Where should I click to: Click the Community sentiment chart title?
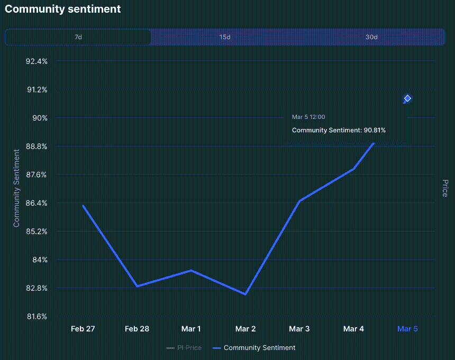62,9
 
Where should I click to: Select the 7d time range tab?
78,37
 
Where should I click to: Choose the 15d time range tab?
225,37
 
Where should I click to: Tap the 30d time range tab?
371,37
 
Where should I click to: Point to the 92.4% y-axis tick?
37,61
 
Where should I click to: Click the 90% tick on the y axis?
40,118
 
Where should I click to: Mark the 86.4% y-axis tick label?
37,203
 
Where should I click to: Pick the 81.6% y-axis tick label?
37,317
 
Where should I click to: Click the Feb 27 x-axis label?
83,329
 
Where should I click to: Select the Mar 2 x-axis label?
245,329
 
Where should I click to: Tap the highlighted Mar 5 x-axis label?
407,329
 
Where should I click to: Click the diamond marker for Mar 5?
407,98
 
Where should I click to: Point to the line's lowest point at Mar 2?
245,294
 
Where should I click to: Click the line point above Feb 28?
137,286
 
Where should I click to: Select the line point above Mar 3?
299,201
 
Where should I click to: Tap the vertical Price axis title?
445,188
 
